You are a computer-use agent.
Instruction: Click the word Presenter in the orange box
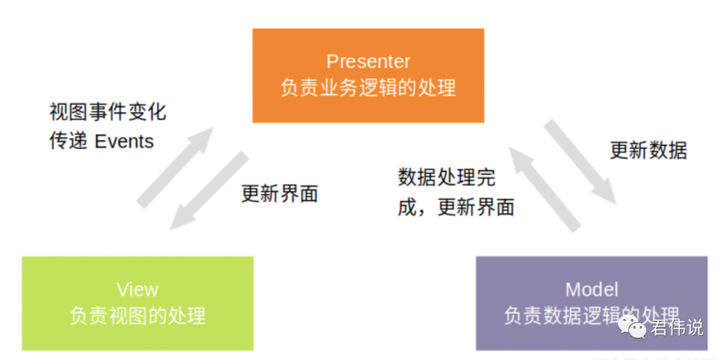click(368, 61)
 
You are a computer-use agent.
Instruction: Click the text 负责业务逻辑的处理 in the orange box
click(368, 88)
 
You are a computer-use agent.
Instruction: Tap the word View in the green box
click(138, 289)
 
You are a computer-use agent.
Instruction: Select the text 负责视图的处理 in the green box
click(138, 316)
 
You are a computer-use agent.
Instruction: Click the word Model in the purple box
click(591, 289)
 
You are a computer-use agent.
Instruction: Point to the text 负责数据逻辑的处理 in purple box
click(591, 316)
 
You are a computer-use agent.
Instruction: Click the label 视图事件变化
click(108, 111)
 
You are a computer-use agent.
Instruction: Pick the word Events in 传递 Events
click(125, 141)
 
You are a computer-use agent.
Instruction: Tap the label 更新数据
click(648, 150)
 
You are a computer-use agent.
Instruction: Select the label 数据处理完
click(446, 177)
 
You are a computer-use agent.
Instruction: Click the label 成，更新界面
click(456, 207)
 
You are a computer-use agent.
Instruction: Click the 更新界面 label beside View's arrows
click(279, 194)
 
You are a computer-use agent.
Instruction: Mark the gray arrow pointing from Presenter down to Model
click(580, 162)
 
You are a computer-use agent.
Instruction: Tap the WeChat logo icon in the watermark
click(635, 328)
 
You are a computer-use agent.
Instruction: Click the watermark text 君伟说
click(677, 328)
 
